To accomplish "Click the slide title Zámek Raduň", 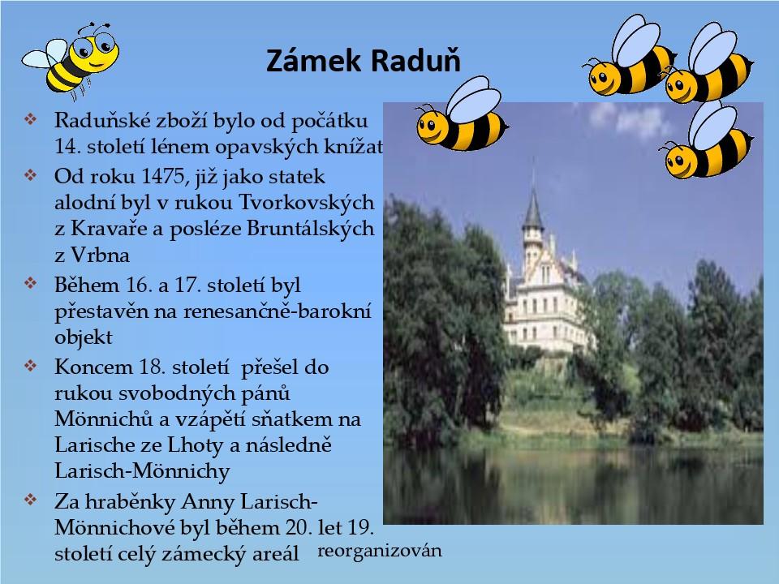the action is (x=364, y=61).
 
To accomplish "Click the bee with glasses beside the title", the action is (x=71, y=61).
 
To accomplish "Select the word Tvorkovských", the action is (x=307, y=202).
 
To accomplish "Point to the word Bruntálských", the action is (x=311, y=229).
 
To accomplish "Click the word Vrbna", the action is (x=101, y=255).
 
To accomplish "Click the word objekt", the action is (x=84, y=337).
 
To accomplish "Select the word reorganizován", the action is (x=380, y=551).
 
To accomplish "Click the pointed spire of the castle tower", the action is (x=533, y=206).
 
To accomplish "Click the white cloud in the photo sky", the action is (x=627, y=120).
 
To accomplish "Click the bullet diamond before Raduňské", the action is (x=30, y=119).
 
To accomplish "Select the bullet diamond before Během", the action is (x=30, y=284).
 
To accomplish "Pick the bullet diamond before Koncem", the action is (x=30, y=366).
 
